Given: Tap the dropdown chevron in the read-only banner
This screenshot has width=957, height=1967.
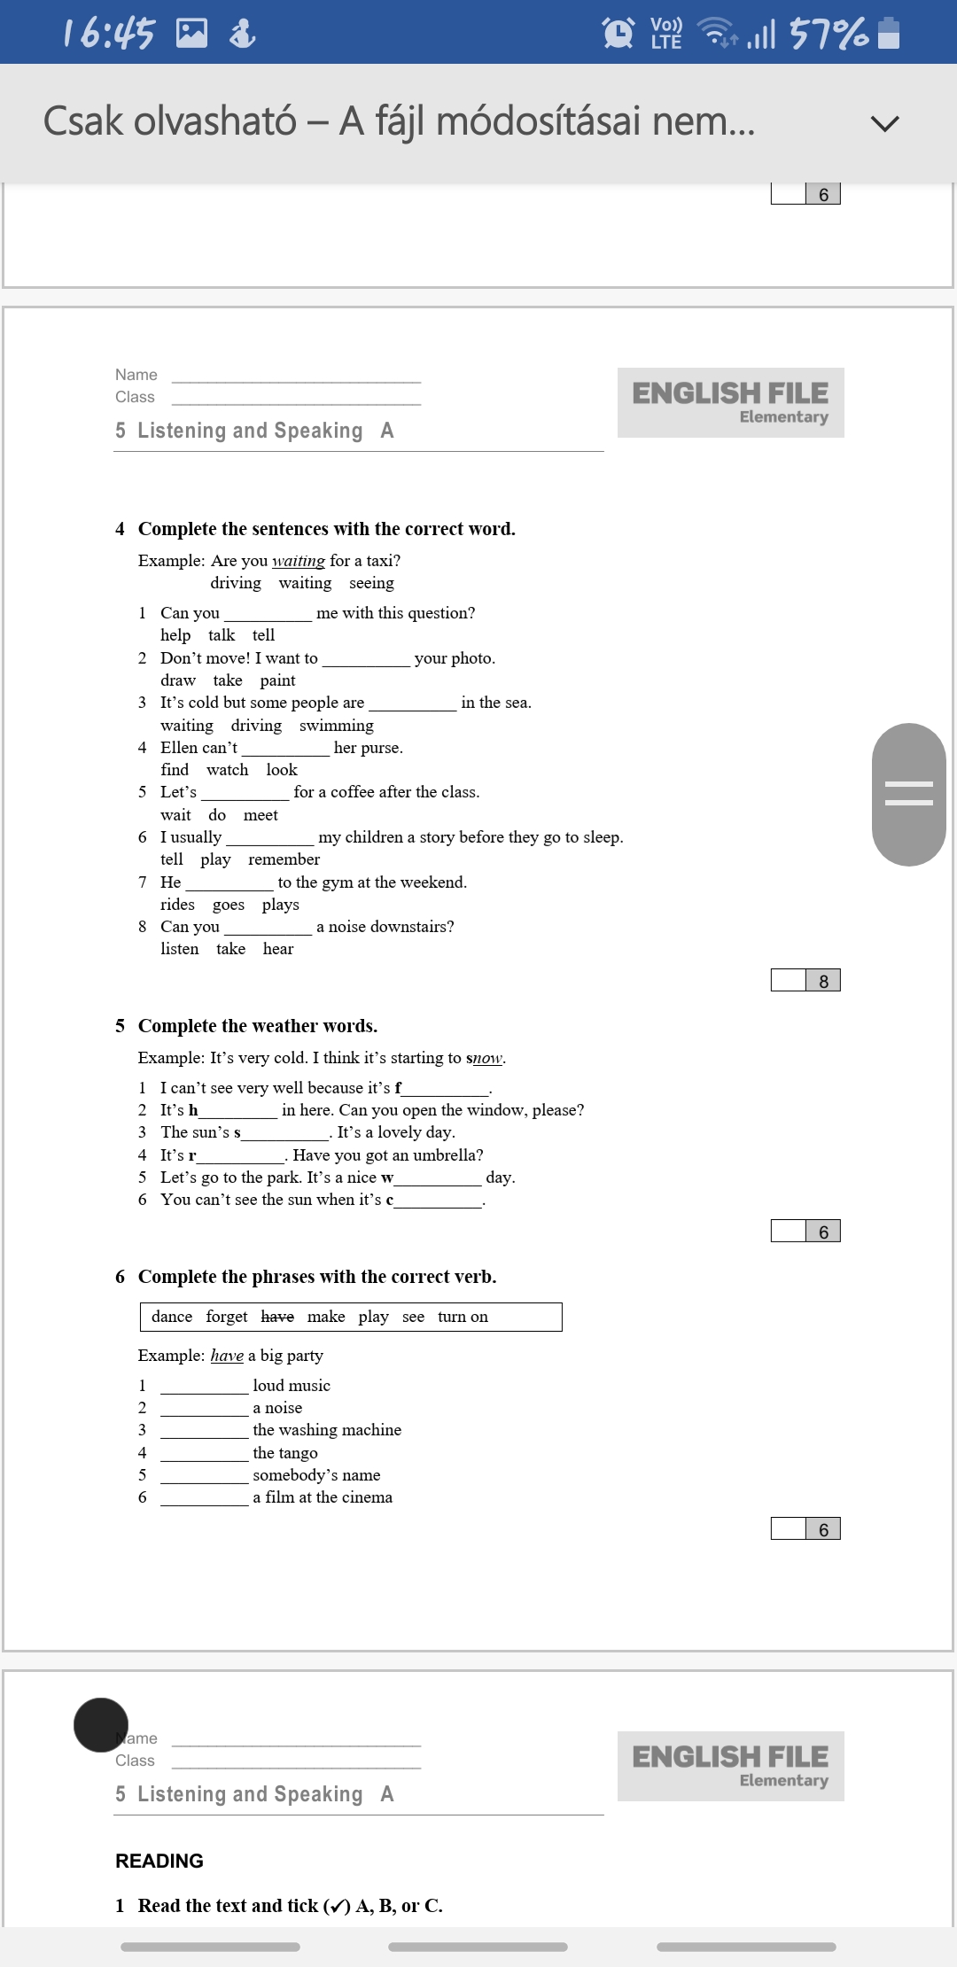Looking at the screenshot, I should coord(884,123).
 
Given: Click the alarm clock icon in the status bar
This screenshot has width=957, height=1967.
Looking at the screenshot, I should coord(618,33).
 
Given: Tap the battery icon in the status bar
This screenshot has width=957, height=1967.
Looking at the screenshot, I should coord(888,33).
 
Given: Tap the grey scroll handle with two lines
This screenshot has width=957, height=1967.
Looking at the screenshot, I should coord(909,794).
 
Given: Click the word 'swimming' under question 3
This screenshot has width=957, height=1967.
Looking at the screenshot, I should coord(336,726).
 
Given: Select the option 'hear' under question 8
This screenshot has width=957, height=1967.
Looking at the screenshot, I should coord(278,949).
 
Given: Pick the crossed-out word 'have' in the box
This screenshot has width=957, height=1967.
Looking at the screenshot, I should coord(277,1317).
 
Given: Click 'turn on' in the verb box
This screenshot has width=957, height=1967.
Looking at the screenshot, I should coord(463,1317).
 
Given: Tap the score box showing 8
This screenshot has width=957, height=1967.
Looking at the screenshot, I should coord(823,981).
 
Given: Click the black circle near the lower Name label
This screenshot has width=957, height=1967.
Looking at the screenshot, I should coord(101,1725).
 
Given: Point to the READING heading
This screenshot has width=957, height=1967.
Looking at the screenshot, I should coord(159,1861).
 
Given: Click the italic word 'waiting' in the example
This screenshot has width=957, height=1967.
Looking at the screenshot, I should coord(299,561).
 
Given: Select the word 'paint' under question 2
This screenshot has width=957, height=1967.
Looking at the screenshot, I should coord(277,680).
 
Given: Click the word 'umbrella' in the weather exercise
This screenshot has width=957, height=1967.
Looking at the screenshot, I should coord(444,1155).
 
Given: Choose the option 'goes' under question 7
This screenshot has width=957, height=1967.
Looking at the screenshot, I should coord(229,905).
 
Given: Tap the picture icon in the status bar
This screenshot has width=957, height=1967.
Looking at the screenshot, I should coord(191,34).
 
